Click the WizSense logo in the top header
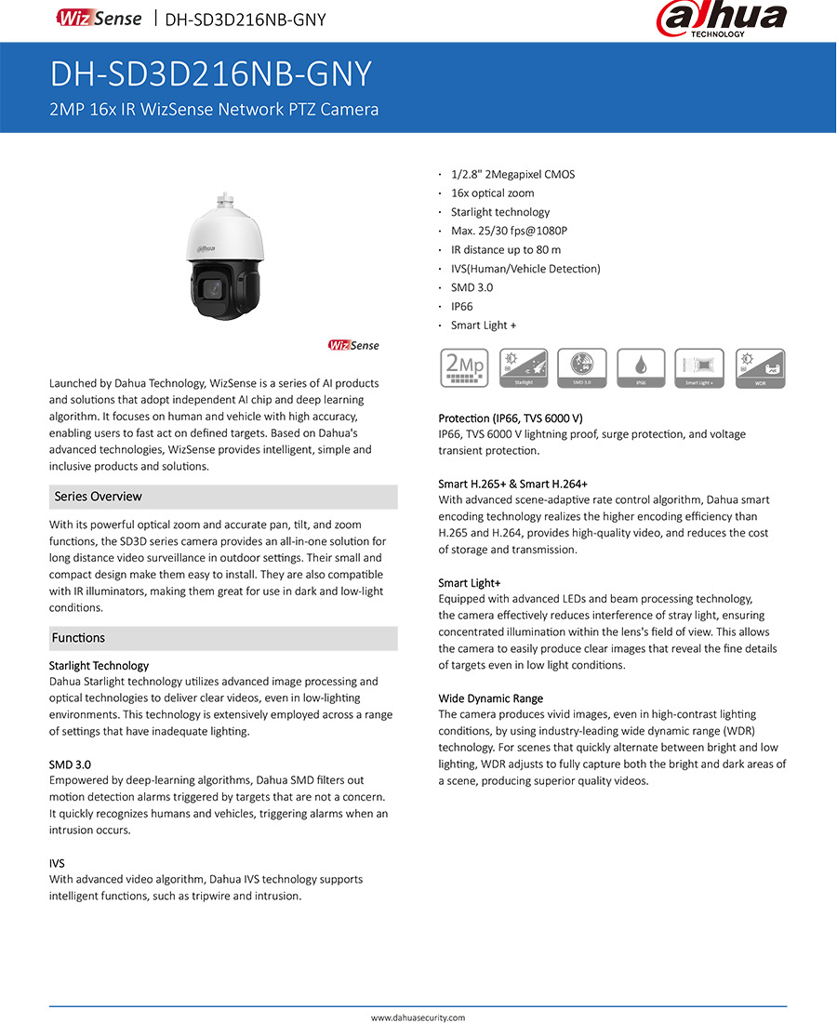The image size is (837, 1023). (x=99, y=19)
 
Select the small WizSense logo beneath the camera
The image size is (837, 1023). (x=353, y=346)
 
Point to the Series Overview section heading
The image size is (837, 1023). (x=98, y=497)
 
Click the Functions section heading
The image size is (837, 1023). (x=79, y=638)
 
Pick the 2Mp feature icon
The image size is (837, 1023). (x=464, y=368)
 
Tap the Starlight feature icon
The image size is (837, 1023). (x=524, y=368)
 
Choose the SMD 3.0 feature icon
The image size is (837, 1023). (x=582, y=368)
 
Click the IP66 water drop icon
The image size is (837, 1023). (x=642, y=368)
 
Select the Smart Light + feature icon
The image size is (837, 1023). (x=700, y=368)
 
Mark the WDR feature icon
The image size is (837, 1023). (x=760, y=368)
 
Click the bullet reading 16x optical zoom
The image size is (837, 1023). (x=492, y=193)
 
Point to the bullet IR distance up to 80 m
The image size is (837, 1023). (x=506, y=249)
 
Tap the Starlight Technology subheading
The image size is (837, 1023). (x=99, y=666)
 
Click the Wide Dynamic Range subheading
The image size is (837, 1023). (x=490, y=698)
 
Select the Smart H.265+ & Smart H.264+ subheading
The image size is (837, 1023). (x=512, y=484)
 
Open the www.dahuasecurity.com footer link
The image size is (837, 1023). (x=418, y=1017)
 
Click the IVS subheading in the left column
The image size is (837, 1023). (x=57, y=863)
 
